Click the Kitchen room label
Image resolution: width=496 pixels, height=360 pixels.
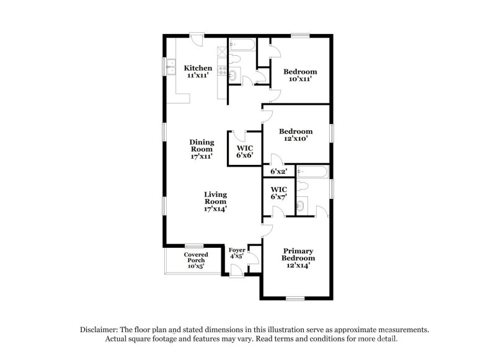[198, 71]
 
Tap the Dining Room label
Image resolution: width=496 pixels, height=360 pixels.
[202, 149]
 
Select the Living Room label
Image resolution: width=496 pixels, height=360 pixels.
[215, 201]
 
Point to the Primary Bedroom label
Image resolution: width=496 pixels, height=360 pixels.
[298, 258]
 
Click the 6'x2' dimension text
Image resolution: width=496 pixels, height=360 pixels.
[278, 171]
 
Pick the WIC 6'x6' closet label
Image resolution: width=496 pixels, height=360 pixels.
[245, 152]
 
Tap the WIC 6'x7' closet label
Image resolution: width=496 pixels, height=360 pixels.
[278, 193]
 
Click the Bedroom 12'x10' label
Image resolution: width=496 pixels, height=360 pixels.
[296, 135]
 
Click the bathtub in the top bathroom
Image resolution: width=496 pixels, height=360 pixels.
[241, 44]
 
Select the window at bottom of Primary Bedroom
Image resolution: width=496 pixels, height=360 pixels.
[295, 299]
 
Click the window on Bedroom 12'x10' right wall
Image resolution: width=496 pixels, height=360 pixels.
[332, 133]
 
